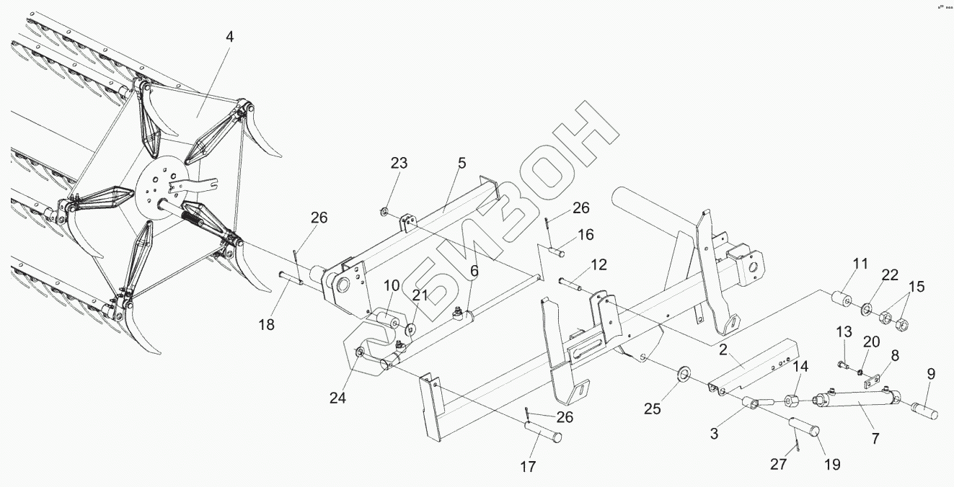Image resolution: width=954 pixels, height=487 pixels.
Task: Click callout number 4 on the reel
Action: pyautogui.click(x=229, y=35)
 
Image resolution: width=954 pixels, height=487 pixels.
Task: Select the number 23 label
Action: pyautogui.click(x=399, y=163)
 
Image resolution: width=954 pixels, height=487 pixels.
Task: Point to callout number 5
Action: pyautogui.click(x=461, y=163)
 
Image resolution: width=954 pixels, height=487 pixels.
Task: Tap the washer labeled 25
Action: pyautogui.click(x=683, y=374)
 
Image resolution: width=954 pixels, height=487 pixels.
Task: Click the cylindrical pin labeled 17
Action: pyautogui.click(x=543, y=434)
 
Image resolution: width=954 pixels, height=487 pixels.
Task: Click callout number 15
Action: pyautogui.click(x=916, y=286)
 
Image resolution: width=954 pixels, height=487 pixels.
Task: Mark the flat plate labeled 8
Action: pyautogui.click(x=874, y=379)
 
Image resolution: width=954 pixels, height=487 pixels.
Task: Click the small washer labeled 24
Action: pyautogui.click(x=359, y=352)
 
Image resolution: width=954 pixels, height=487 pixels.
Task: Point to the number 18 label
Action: pyautogui.click(x=267, y=325)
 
